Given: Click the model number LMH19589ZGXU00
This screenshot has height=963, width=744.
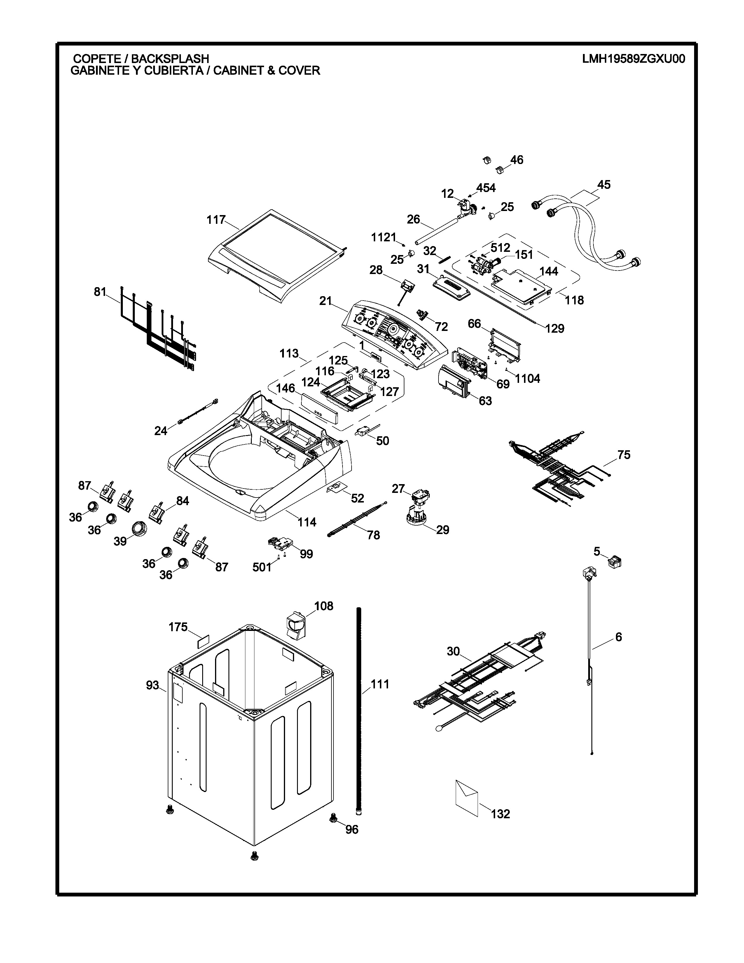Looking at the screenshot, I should click(633, 59).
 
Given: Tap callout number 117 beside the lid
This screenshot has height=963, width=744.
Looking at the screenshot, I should click(216, 219).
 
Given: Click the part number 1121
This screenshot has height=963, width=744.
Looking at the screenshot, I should click(383, 238).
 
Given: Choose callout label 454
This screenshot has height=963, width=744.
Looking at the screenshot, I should click(486, 188).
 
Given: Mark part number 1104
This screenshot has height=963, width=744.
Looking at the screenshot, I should click(527, 378).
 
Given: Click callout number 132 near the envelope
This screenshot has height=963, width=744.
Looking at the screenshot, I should click(500, 814).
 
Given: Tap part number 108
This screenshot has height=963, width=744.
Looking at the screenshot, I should click(324, 606).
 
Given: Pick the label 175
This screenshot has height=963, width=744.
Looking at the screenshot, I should click(178, 627).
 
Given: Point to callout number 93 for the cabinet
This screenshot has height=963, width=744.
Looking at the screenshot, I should click(153, 685).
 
